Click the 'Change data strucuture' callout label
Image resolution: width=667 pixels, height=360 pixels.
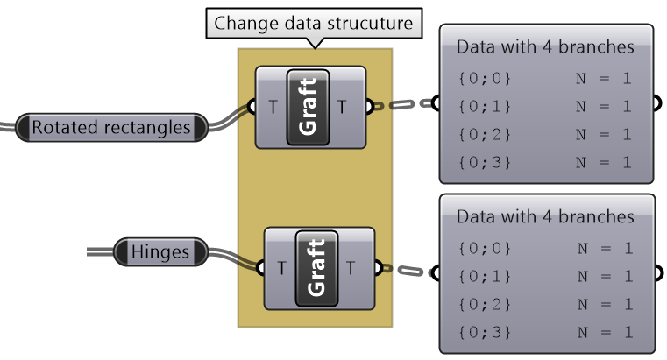point(313,24)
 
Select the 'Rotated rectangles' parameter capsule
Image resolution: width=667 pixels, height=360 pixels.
point(111,128)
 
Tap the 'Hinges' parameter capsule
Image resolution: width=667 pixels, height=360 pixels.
point(160,252)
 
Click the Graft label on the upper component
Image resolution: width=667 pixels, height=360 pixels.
point(308,106)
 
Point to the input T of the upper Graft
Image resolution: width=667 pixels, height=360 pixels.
point(273,107)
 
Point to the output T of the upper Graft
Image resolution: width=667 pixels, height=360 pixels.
point(342,107)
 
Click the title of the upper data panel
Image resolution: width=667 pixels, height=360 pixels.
point(545,46)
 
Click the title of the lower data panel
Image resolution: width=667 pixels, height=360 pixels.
point(546,216)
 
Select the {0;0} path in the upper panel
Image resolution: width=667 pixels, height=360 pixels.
point(484,78)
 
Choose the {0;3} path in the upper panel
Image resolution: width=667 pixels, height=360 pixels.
point(484,162)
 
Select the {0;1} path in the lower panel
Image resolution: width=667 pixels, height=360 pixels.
point(485,276)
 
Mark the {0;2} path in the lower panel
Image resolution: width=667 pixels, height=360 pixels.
point(485,304)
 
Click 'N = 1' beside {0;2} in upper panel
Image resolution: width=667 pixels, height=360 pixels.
point(603,134)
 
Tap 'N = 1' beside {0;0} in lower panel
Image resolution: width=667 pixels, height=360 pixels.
point(604,248)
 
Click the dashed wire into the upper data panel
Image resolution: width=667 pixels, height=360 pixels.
point(402,105)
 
